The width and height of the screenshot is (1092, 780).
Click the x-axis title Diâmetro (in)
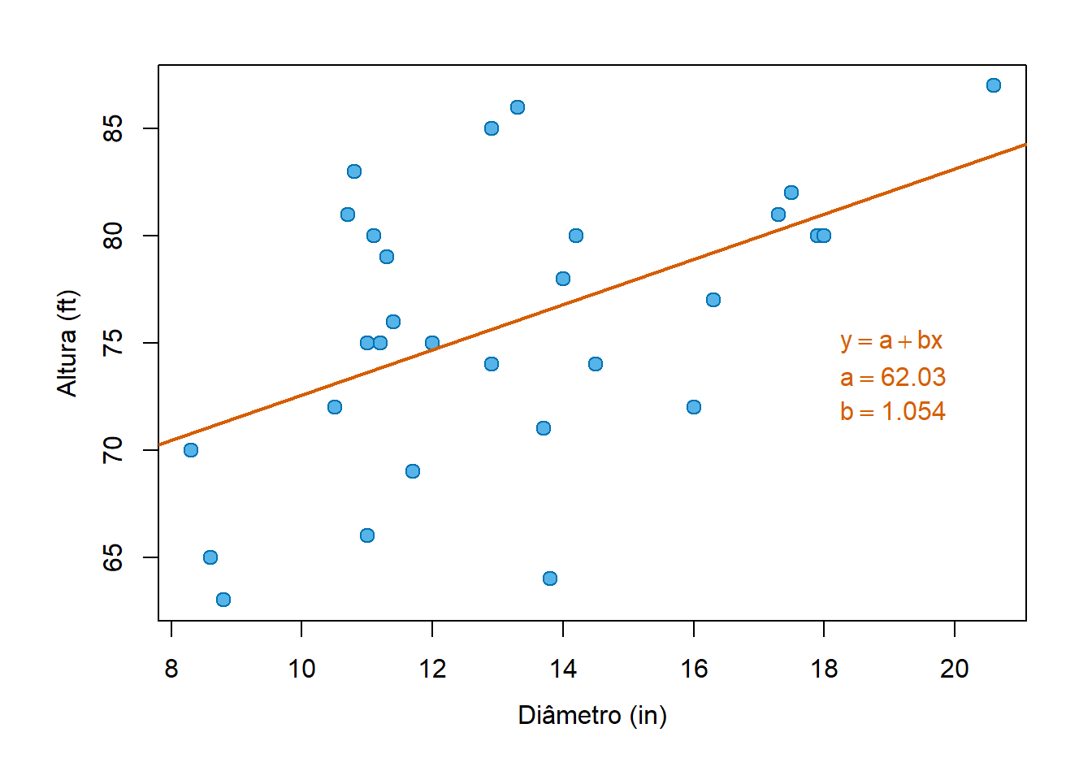tap(592, 715)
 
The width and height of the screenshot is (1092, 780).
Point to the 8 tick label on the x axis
tap(171, 669)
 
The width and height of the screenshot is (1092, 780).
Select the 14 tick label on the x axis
tap(562, 669)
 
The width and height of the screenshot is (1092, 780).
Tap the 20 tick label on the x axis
tap(954, 669)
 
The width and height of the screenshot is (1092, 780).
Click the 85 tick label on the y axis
tap(113, 128)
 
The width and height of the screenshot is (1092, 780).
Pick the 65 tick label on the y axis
tap(113, 557)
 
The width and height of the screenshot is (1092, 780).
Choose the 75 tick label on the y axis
tap(113, 343)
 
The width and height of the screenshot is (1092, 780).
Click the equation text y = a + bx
tap(891, 340)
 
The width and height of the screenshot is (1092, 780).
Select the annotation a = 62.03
tap(893, 377)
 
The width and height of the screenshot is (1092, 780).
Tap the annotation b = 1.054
tap(893, 411)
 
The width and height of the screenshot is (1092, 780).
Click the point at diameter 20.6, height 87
tap(993, 85)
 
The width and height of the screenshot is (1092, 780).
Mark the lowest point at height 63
tap(223, 600)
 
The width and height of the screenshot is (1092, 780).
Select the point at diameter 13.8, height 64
tap(550, 578)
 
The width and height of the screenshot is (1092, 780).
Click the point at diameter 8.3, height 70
tap(191, 450)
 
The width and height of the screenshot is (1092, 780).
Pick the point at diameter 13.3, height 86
tap(518, 107)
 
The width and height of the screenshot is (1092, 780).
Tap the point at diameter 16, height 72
tap(694, 407)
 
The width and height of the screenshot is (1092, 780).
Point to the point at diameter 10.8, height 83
tap(354, 171)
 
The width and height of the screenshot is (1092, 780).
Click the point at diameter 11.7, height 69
tap(413, 471)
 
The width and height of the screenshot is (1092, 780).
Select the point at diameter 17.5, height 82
tap(791, 193)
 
